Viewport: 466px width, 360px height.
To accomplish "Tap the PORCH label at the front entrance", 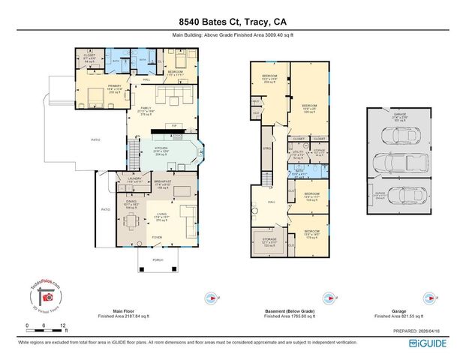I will tap(158, 259).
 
